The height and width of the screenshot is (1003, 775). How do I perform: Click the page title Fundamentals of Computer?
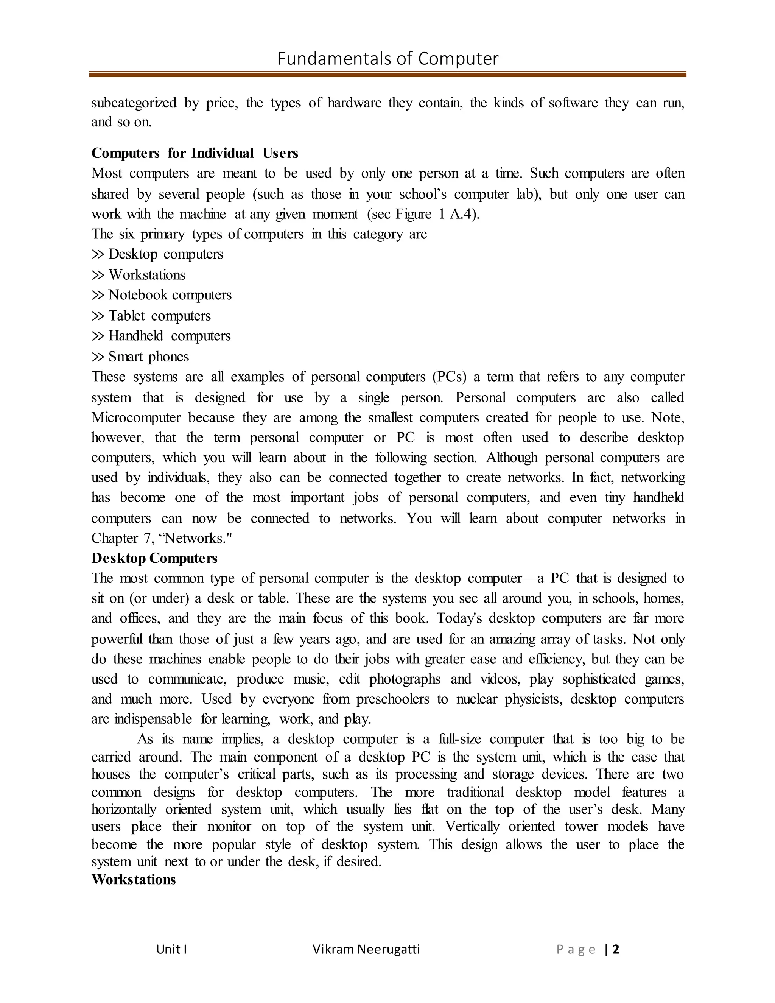point(387,59)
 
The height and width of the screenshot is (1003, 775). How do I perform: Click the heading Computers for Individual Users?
point(195,153)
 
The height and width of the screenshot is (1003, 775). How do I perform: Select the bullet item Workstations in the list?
point(146,275)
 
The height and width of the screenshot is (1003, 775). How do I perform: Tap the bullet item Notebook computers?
point(170,295)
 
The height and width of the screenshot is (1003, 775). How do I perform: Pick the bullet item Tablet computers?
point(159,316)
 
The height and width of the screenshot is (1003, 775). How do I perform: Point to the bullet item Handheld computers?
point(169,336)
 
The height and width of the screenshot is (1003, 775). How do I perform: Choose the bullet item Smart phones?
point(148,357)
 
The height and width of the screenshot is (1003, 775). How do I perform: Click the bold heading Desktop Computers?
point(154,558)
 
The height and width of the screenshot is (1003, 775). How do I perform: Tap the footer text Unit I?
point(171,949)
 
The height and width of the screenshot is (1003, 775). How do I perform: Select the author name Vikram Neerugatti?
point(366,949)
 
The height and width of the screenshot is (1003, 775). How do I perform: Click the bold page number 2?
point(616,949)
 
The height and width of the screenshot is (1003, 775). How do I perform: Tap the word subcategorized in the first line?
point(134,103)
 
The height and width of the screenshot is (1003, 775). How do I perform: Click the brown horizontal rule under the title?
point(387,74)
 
